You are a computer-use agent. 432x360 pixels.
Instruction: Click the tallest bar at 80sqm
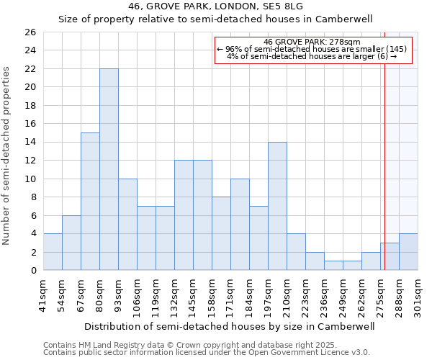109,169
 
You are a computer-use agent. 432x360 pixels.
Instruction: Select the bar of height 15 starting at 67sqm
90,202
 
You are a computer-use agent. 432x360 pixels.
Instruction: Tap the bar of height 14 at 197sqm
277,206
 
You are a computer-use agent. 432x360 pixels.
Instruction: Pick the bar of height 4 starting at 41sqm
53,252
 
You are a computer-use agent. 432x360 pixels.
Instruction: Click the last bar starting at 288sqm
408,252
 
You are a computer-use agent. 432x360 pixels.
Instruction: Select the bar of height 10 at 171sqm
240,225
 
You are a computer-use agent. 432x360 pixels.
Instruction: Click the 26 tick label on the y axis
30,32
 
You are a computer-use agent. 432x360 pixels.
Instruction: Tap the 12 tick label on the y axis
30,161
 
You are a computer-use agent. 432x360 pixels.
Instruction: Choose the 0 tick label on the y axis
32,271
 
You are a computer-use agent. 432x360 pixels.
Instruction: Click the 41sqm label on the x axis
43,296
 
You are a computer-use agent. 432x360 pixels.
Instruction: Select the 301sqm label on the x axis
418,296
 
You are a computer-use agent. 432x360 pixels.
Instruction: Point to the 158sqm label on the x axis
212,296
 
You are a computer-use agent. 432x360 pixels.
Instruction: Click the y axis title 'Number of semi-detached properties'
7,155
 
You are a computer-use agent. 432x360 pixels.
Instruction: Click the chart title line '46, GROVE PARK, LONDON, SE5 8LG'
215,6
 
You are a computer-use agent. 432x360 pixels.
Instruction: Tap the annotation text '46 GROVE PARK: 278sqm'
312,42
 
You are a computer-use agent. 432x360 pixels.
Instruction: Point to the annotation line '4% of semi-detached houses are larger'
312,56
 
